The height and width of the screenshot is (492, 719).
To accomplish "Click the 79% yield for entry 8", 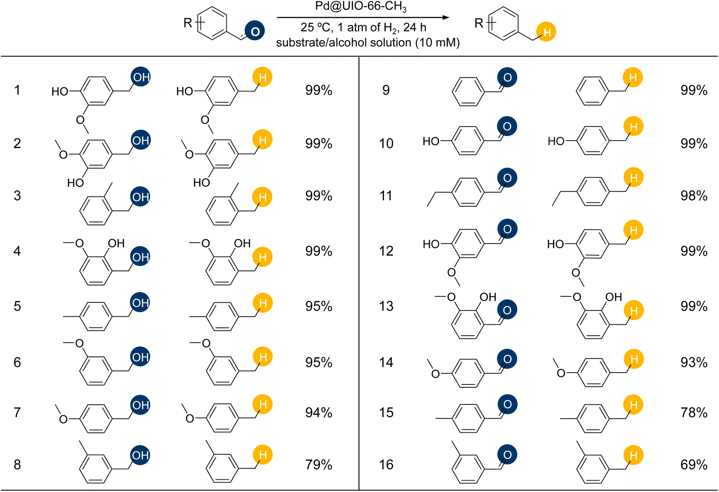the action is coord(318,464).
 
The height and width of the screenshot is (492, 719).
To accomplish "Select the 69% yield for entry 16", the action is coord(694,464).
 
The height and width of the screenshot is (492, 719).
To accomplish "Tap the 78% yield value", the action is coord(694,412).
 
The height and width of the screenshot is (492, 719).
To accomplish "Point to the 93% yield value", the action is coord(694,362).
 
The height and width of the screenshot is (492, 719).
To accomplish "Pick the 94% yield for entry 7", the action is coord(318,412).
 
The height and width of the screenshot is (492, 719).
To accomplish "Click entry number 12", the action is coord(386,251).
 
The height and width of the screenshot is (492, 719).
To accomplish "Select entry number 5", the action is coord(17,306).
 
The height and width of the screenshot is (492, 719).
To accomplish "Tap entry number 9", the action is coord(386,90).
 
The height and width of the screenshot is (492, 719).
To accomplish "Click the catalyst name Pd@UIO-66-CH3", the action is coord(361,7).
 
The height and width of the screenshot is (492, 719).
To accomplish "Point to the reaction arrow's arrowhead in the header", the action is coord(446,17).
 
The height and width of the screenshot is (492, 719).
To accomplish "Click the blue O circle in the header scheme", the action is coord(255,31).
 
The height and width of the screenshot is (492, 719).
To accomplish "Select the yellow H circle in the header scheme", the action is coord(546,32).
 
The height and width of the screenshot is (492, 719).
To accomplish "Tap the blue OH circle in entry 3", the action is coord(140,196).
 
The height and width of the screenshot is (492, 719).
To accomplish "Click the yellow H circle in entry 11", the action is coord(634,177).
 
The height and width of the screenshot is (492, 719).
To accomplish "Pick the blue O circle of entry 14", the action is coord(507,359).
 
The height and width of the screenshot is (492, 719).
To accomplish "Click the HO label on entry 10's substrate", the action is coord(431,141).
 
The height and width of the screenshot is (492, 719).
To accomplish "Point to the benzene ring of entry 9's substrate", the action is coord(468,91).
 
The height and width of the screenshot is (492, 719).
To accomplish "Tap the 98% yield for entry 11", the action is coord(694,196).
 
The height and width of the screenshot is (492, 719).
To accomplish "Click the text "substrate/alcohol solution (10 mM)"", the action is coord(368,43).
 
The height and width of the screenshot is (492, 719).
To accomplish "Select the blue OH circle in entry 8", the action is coord(140,455).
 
